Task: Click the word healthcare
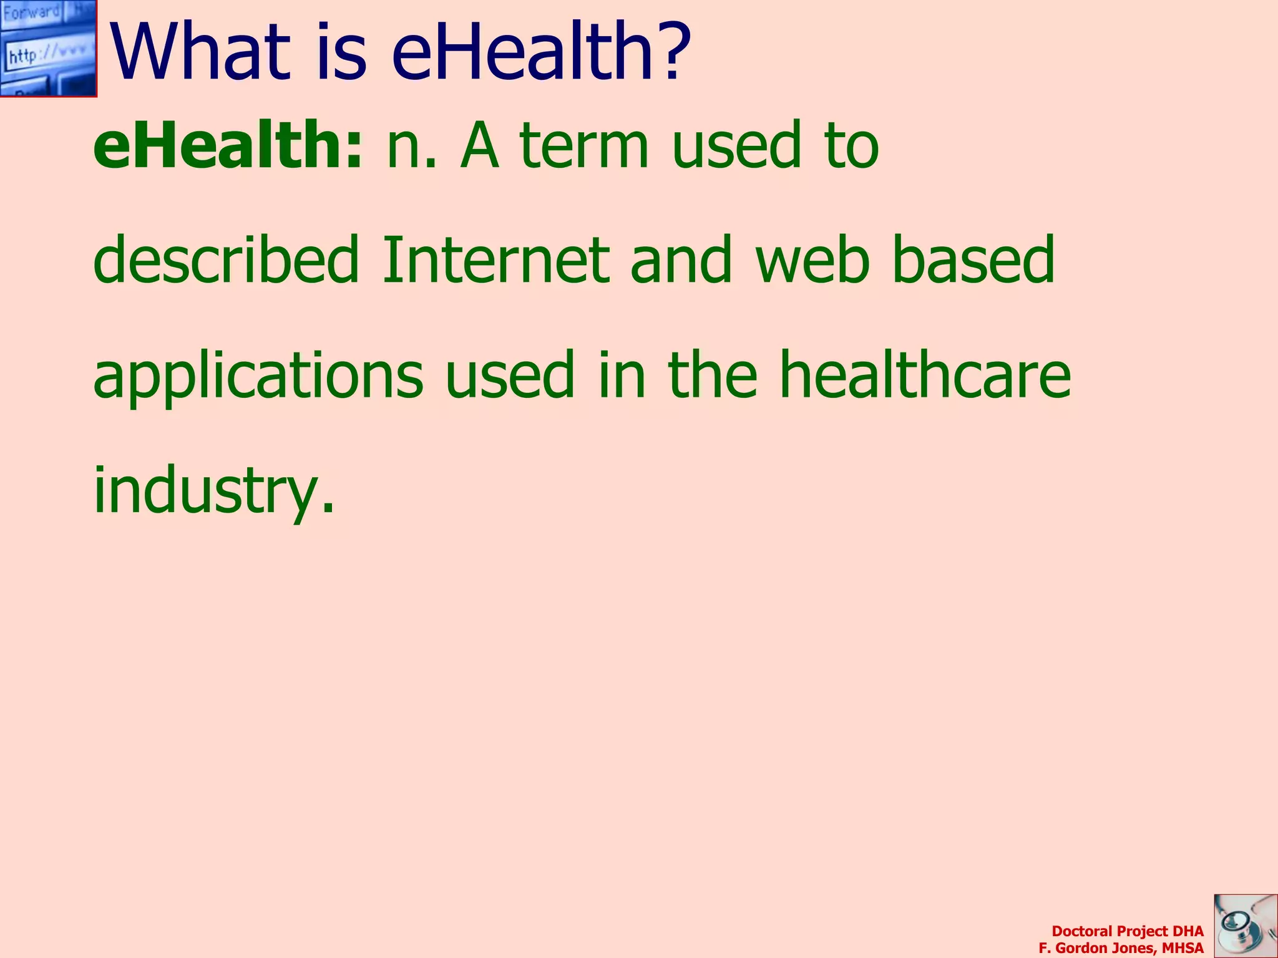coord(925,374)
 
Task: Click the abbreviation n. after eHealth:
coord(411,147)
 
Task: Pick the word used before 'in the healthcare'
coord(509,374)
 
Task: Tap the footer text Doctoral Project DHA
coord(1127,931)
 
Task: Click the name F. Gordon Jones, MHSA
coord(1121,948)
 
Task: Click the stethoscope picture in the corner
coord(1245,926)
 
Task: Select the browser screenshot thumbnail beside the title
coord(48,48)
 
